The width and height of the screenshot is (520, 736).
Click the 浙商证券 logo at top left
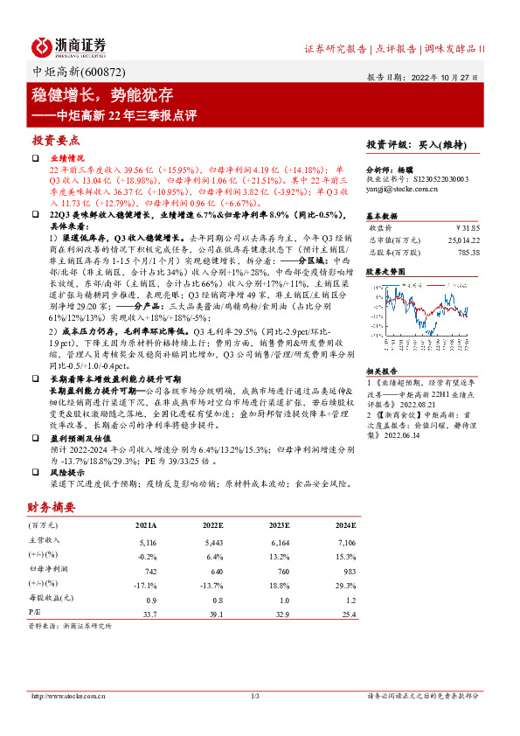point(69,45)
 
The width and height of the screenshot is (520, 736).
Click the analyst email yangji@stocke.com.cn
point(401,187)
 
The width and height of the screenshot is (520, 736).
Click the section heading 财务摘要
point(50,506)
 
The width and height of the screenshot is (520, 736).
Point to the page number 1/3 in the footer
point(256,697)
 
